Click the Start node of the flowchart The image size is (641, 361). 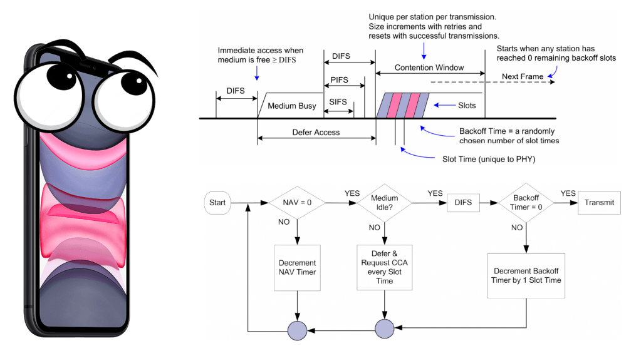(x=217, y=203)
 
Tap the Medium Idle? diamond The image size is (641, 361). (x=385, y=203)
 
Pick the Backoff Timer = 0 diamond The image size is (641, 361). (x=526, y=203)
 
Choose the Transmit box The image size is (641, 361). (x=599, y=203)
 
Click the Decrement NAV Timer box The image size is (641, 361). (x=297, y=267)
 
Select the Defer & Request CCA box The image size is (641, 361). (x=385, y=267)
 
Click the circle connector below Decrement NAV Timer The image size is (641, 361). (x=297, y=329)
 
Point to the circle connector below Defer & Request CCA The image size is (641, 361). (x=385, y=329)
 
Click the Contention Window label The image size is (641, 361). (x=429, y=67)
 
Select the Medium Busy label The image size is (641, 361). (x=292, y=106)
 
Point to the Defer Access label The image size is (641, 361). (x=316, y=133)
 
